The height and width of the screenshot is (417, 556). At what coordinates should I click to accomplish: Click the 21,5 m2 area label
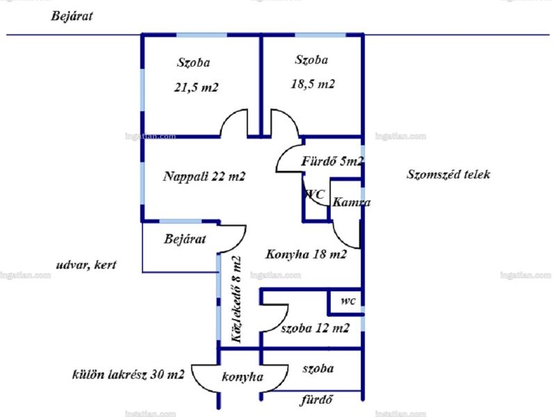[196, 88]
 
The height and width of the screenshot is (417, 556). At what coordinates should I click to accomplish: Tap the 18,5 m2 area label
[313, 84]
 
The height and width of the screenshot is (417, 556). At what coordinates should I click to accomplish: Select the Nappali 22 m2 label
[204, 177]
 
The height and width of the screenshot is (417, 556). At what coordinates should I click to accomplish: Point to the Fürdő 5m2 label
[332, 161]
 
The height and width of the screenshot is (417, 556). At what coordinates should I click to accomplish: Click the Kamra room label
[352, 202]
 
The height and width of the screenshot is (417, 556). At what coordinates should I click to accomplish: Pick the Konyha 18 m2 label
[306, 254]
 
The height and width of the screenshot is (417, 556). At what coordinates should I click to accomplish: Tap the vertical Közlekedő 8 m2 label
[236, 300]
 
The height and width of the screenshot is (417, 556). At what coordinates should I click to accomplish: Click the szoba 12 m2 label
[316, 328]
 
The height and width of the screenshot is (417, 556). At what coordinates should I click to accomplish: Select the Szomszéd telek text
[448, 174]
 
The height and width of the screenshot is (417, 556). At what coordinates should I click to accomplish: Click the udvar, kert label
[86, 265]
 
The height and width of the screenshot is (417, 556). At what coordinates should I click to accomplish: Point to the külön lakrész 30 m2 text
[128, 375]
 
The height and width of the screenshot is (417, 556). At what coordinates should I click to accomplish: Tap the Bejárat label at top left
[72, 16]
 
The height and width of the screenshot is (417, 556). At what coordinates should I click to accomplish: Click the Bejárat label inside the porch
[185, 239]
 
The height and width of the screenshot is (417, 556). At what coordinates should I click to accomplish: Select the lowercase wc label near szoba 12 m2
[348, 301]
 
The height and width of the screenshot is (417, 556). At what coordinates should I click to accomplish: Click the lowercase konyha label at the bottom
[243, 377]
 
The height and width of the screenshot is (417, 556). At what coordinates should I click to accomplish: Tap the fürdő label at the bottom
[317, 400]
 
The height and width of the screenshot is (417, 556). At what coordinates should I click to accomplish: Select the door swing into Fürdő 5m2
[282, 153]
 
